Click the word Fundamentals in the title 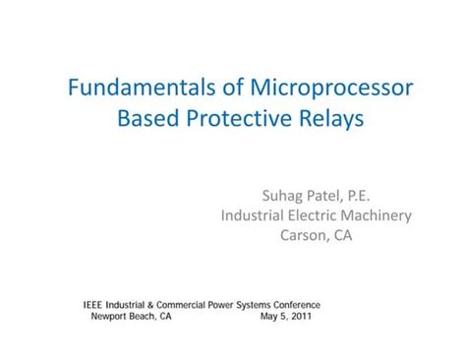coord(135,88)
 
